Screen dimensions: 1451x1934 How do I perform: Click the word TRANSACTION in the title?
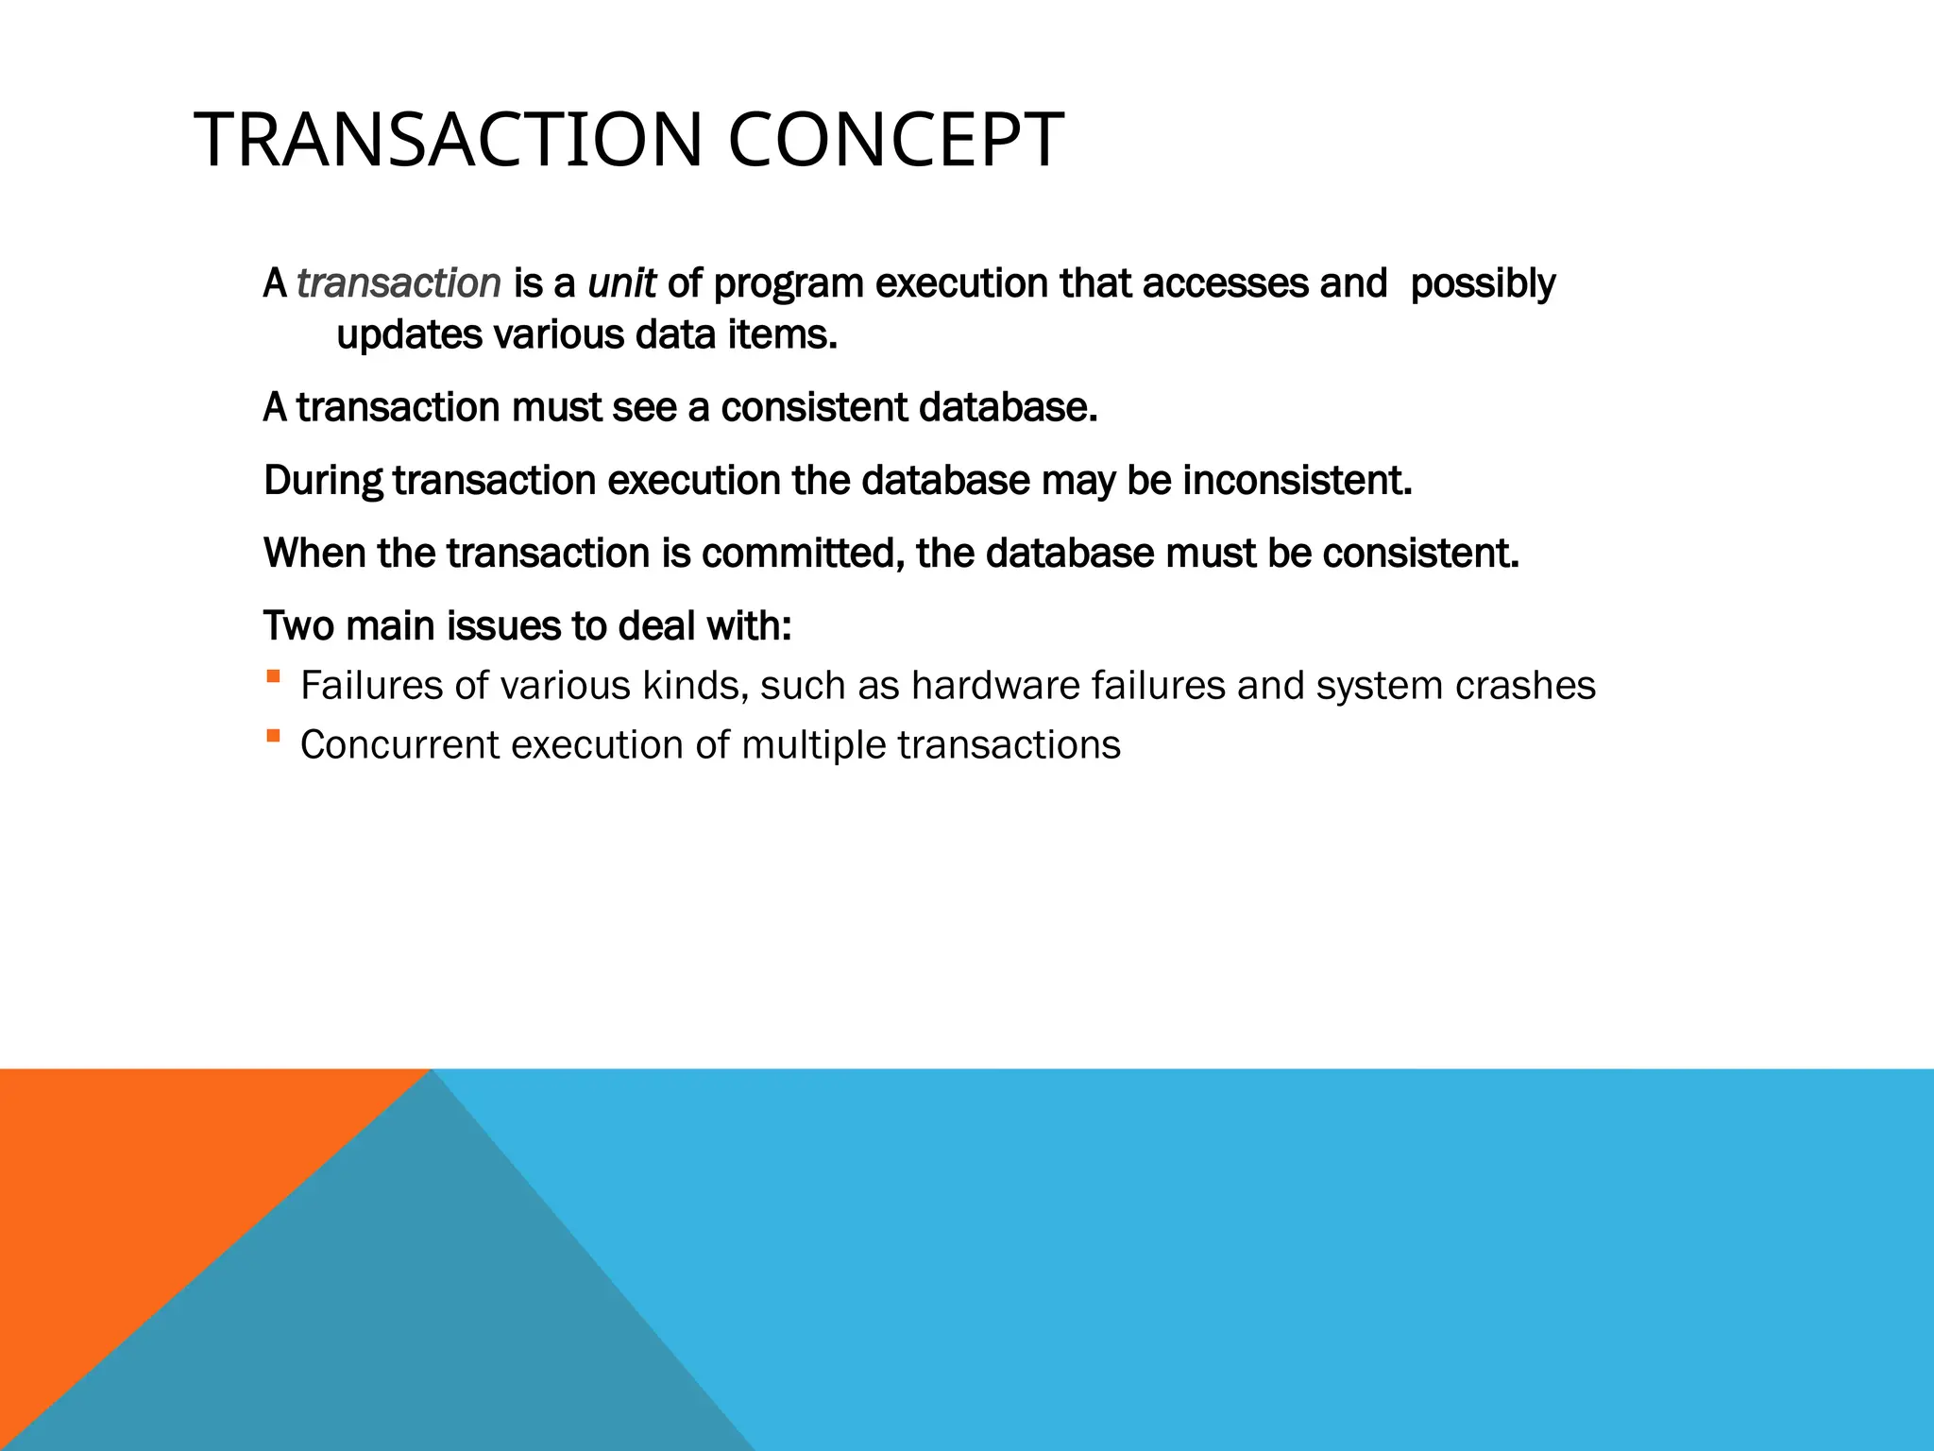450,141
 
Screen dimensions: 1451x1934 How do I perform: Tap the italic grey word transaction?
399,283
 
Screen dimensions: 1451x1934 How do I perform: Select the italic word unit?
621,283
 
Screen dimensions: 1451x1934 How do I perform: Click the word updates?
409,336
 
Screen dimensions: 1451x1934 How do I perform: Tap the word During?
323,482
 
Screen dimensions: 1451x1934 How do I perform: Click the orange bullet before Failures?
273,676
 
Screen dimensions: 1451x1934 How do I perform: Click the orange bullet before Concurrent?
273,735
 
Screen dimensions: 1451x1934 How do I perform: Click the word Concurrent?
399,745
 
